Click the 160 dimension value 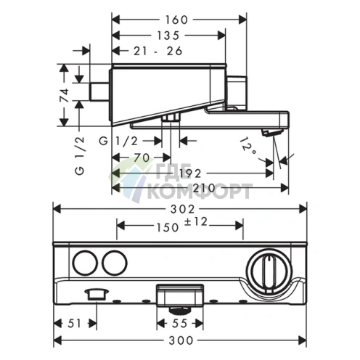coord(176,20)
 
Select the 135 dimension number coord(168,36)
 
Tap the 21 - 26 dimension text coord(158,51)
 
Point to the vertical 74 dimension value coord(65,95)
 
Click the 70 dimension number coord(142,158)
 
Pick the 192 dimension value coord(190,173)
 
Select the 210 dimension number coord(204,188)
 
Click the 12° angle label coord(248,147)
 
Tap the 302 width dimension coord(182,209)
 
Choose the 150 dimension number coord(168,228)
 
